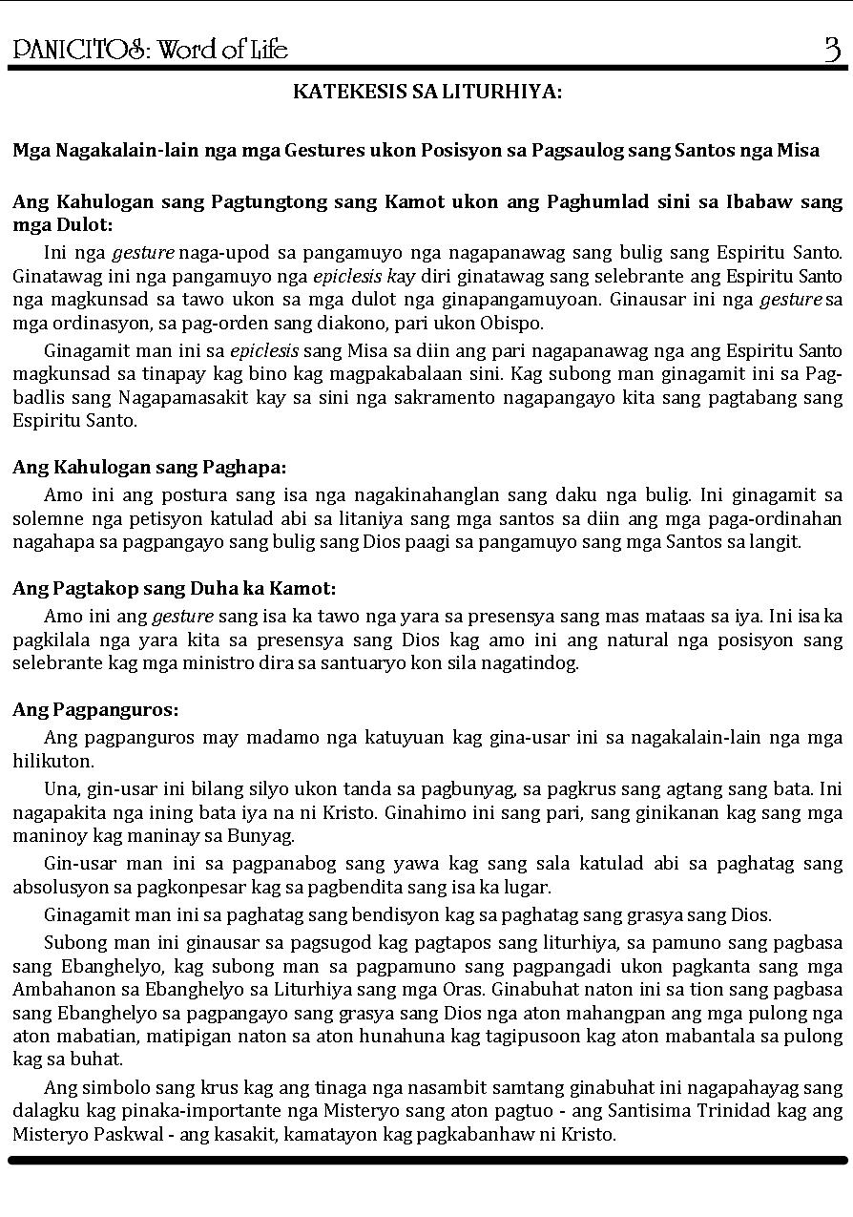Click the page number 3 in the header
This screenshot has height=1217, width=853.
(x=832, y=48)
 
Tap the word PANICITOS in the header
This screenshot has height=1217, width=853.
(x=79, y=50)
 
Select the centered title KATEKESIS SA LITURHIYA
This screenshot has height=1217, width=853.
(x=426, y=92)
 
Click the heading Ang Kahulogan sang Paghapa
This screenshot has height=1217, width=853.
(x=149, y=467)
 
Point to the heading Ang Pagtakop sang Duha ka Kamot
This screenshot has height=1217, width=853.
(x=174, y=588)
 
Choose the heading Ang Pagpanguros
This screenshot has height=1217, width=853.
(x=95, y=709)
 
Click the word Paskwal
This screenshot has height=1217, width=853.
(x=114, y=1134)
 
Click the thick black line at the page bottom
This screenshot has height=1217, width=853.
(x=426, y=1160)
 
